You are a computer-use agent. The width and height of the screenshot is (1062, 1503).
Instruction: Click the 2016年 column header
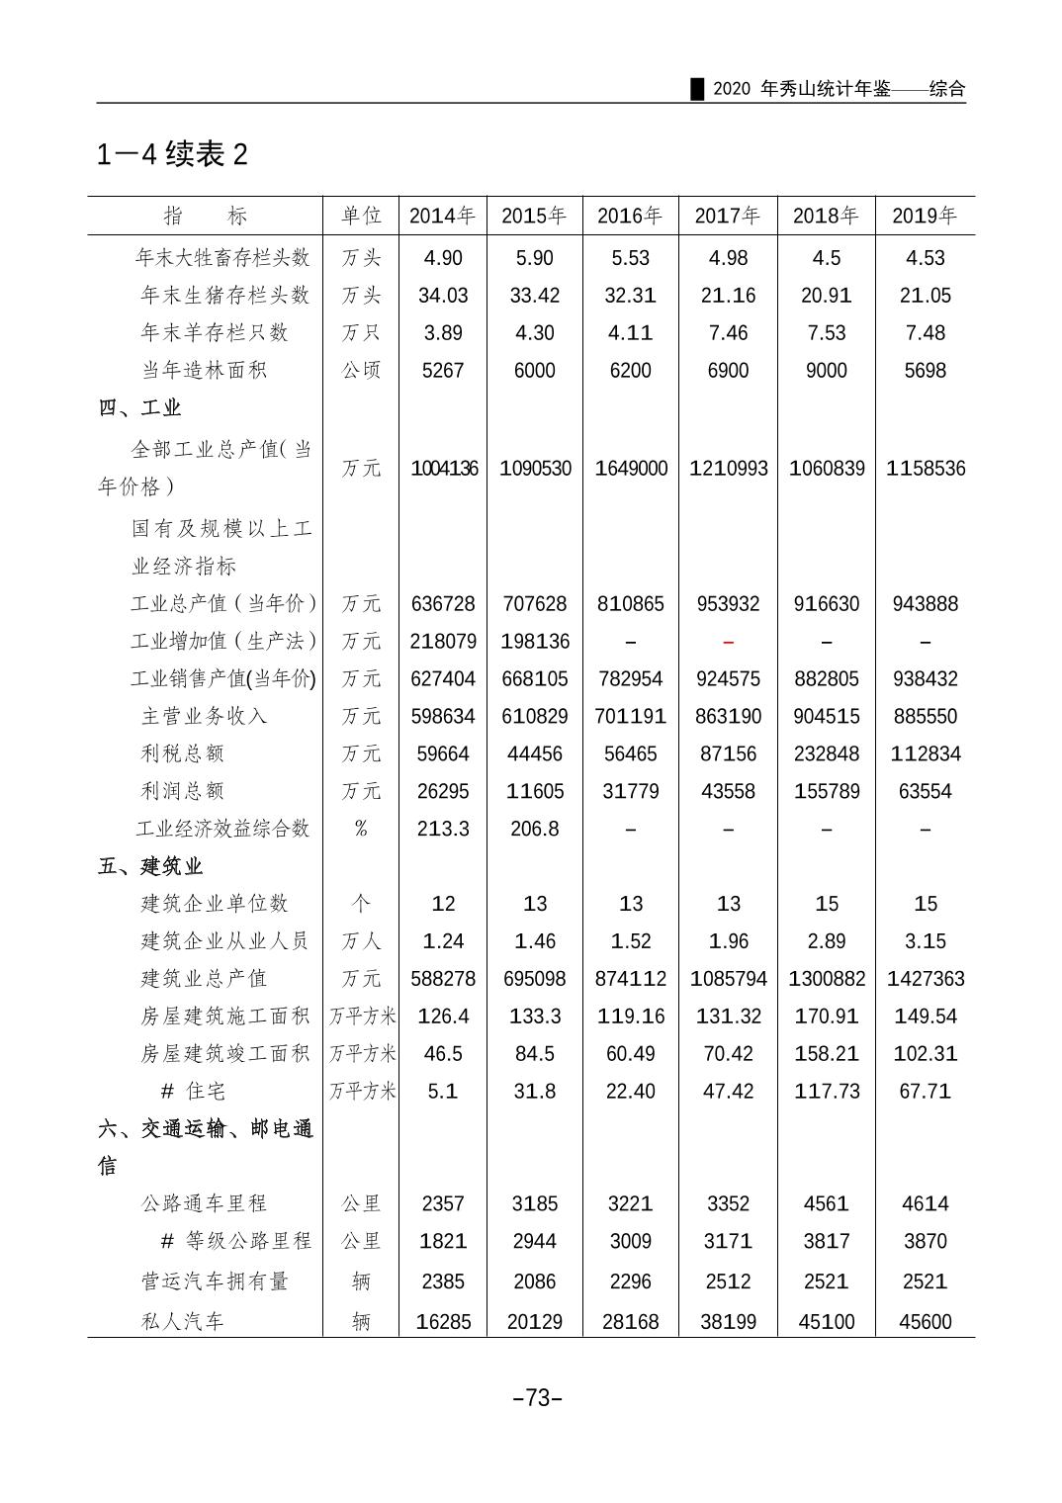point(630,216)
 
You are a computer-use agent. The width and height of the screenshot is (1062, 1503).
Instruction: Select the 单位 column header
point(361,216)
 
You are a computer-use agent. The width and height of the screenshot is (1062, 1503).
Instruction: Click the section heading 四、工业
point(139,407)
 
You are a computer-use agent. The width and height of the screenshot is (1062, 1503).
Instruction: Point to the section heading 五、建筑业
point(150,866)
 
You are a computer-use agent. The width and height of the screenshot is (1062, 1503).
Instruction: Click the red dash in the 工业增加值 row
point(728,642)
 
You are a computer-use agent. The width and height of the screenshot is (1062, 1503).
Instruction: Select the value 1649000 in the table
point(631,469)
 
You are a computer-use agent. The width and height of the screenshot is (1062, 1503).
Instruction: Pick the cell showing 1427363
point(925,979)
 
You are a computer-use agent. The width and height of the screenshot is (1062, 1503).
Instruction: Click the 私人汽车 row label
point(183,1321)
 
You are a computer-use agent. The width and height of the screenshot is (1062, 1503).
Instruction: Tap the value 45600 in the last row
point(925,1322)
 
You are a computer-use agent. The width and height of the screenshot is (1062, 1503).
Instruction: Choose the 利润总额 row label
point(183,791)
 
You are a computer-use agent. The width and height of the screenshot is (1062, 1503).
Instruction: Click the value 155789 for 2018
point(826,791)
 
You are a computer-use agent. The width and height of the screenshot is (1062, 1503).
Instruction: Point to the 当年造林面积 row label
point(204,370)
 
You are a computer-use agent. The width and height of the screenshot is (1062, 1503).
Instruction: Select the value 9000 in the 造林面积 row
point(826,371)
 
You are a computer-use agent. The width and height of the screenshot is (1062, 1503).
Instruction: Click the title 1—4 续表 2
point(172,154)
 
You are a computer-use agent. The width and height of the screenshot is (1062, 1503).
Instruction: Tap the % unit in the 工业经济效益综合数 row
point(361,829)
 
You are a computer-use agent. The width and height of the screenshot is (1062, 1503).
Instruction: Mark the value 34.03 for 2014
point(442,296)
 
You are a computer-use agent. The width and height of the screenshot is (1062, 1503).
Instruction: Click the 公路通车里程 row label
point(204,1203)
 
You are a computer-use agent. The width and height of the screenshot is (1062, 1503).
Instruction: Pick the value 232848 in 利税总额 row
point(826,753)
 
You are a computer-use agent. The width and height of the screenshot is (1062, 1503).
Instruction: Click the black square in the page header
point(698,89)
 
